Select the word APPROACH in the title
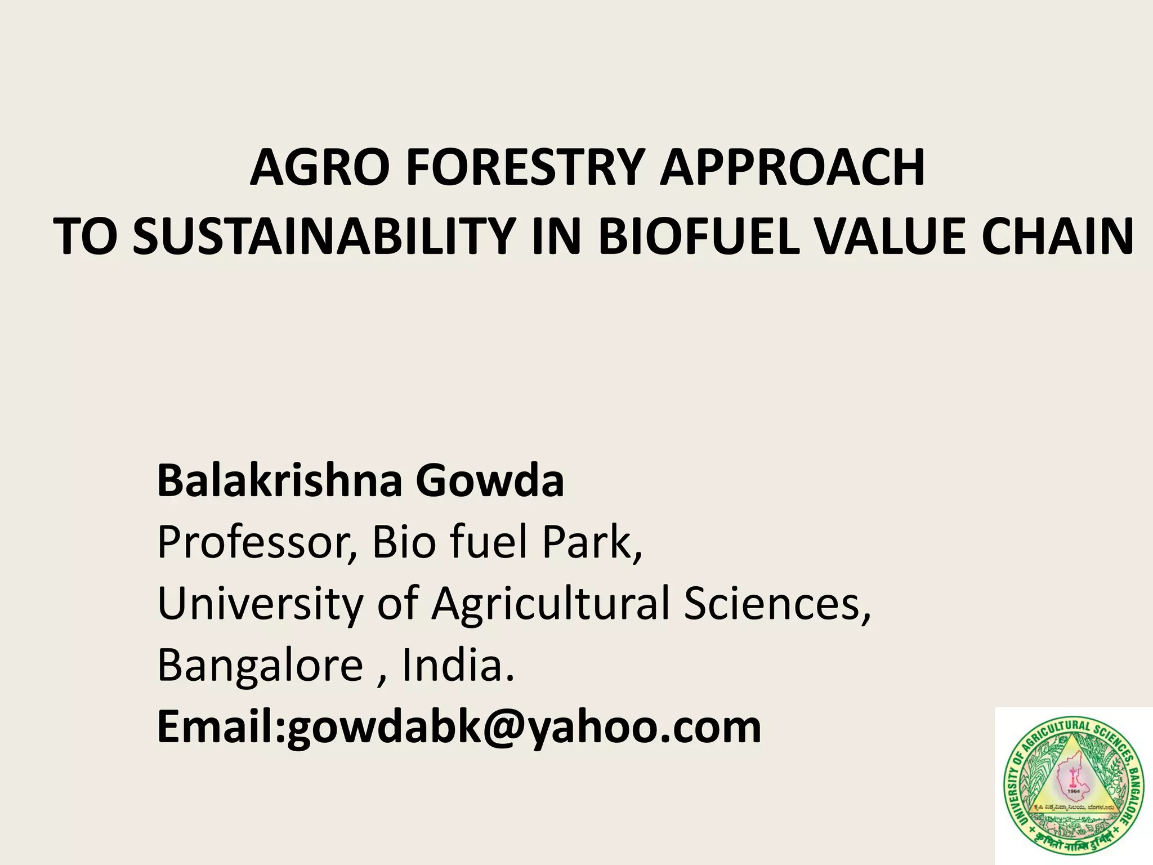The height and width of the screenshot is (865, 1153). click(793, 167)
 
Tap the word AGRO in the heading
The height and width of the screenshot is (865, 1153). click(320, 167)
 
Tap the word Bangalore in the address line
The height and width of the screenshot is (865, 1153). click(260, 665)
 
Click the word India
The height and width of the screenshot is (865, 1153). click(457, 665)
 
